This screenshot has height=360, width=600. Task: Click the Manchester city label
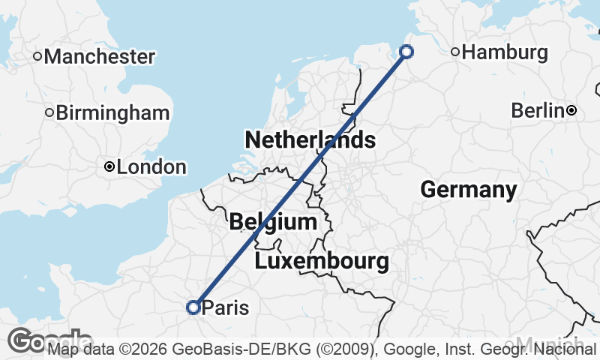click(x=100, y=56)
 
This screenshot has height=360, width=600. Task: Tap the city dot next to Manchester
click(x=37, y=56)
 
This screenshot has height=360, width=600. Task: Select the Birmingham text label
click(x=112, y=113)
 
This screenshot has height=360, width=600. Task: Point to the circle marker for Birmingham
click(x=49, y=113)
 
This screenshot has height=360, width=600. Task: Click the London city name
click(x=151, y=167)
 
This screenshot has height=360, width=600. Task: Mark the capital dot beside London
click(x=109, y=166)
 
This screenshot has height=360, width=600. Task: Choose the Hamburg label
click(x=505, y=52)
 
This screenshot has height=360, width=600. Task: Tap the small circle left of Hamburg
click(x=455, y=52)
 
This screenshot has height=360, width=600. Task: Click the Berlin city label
click(x=537, y=111)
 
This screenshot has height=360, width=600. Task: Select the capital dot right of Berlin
click(x=571, y=111)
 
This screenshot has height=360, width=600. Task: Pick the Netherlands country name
click(x=310, y=139)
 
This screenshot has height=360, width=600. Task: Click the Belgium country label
click(x=273, y=222)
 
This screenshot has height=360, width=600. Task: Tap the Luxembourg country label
click(x=322, y=262)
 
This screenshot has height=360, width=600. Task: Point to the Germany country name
click(x=469, y=190)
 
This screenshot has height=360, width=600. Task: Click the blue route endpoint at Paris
click(x=193, y=307)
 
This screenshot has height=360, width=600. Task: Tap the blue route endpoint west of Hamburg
click(x=406, y=51)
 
